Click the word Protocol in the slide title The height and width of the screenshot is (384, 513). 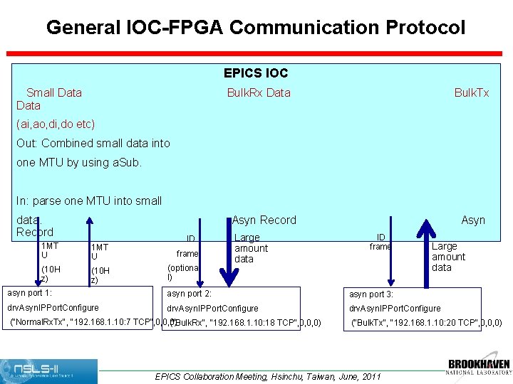click(425, 28)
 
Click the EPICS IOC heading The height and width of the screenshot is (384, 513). click(256, 73)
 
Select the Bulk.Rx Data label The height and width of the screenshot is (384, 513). click(259, 92)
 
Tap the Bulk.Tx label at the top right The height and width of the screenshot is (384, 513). click(472, 92)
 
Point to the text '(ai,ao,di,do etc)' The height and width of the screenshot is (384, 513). click(56, 124)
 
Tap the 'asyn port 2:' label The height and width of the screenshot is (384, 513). click(189, 294)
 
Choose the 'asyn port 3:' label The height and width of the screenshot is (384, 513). click(370, 294)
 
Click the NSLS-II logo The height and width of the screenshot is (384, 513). click(49, 370)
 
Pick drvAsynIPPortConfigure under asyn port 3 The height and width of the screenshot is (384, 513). click(395, 309)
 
